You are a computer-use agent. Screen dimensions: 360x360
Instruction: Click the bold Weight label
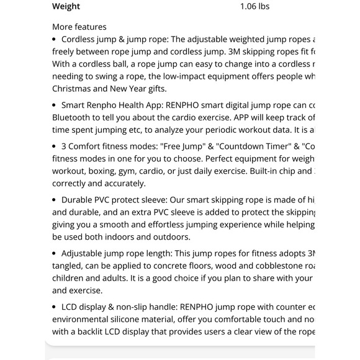tap(66, 7)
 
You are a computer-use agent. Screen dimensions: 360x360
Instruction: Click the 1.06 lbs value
tap(254, 7)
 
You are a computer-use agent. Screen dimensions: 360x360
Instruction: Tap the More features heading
tap(79, 27)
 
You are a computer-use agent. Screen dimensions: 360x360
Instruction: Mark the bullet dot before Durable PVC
tap(55, 200)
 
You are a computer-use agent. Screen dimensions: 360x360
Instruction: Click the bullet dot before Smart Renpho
tap(55, 104)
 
